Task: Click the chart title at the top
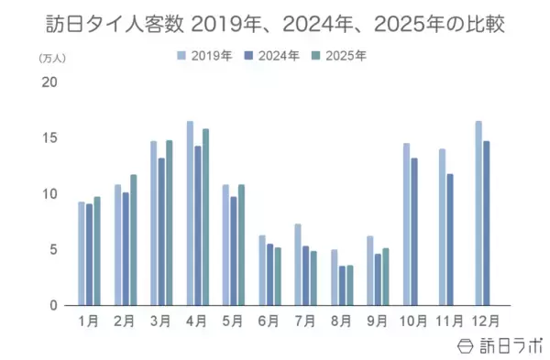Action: click(x=275, y=23)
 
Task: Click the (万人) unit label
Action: click(x=51, y=58)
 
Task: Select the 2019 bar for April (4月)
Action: click(x=190, y=213)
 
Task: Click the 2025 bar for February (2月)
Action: click(x=133, y=240)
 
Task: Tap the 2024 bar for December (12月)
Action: click(x=486, y=223)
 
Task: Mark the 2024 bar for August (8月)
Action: click(x=342, y=286)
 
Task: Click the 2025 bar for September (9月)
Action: click(x=386, y=277)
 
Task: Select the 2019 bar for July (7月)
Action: click(x=298, y=265)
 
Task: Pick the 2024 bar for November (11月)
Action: click(x=450, y=239)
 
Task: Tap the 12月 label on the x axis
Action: click(x=485, y=321)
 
